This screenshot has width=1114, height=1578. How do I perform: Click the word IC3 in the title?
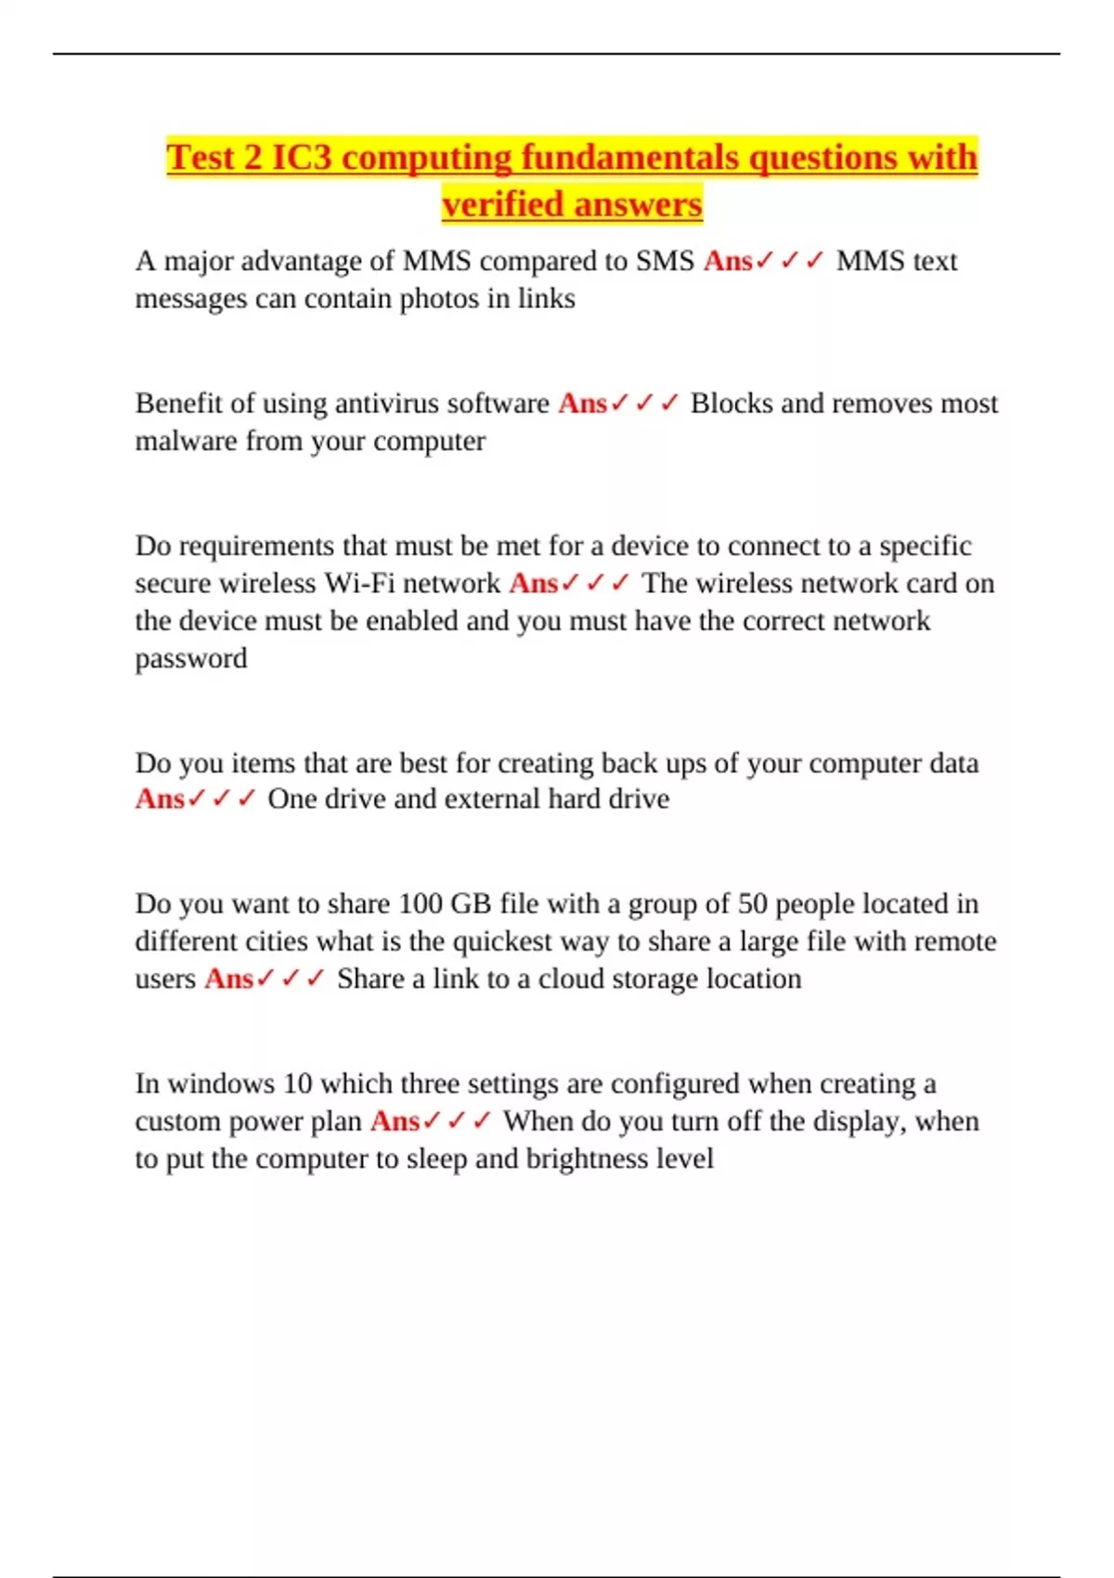pyautogui.click(x=301, y=158)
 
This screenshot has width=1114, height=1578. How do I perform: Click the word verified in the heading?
pyautogui.click(x=500, y=204)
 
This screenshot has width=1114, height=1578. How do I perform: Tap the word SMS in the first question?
pyautogui.click(x=665, y=261)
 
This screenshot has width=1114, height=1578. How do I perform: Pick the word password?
pyautogui.click(x=191, y=658)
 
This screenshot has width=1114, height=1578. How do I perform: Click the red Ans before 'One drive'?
pyautogui.click(x=160, y=799)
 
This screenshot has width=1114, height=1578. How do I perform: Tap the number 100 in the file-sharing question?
pyautogui.click(x=421, y=904)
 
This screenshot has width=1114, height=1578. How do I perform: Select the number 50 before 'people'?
pyautogui.click(x=752, y=904)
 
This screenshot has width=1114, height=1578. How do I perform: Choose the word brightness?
pyautogui.click(x=585, y=1159)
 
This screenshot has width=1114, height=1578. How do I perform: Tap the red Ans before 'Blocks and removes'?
pyautogui.click(x=582, y=404)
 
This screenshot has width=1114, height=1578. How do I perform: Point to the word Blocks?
pyautogui.click(x=732, y=403)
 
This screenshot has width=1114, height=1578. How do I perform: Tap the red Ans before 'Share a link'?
pyautogui.click(x=228, y=979)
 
